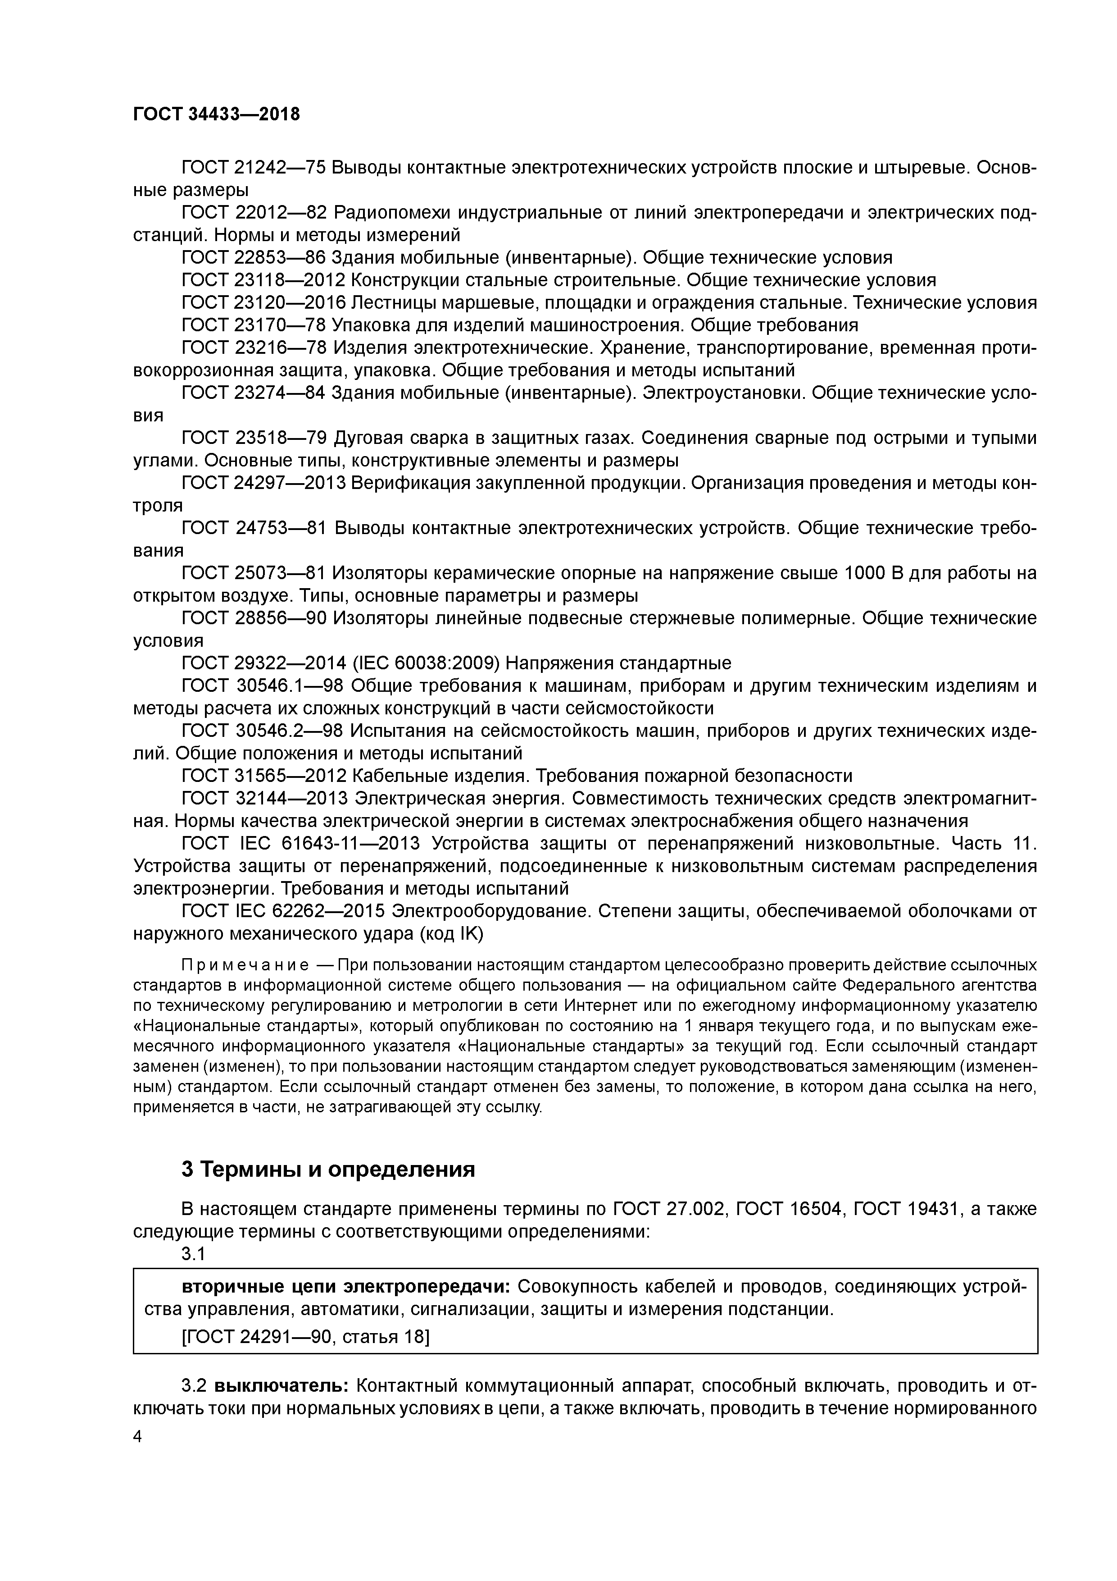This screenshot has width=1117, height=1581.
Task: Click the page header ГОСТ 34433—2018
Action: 216,114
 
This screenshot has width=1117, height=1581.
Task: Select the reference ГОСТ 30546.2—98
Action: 263,731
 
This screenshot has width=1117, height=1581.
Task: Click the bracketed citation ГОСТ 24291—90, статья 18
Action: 305,1337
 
